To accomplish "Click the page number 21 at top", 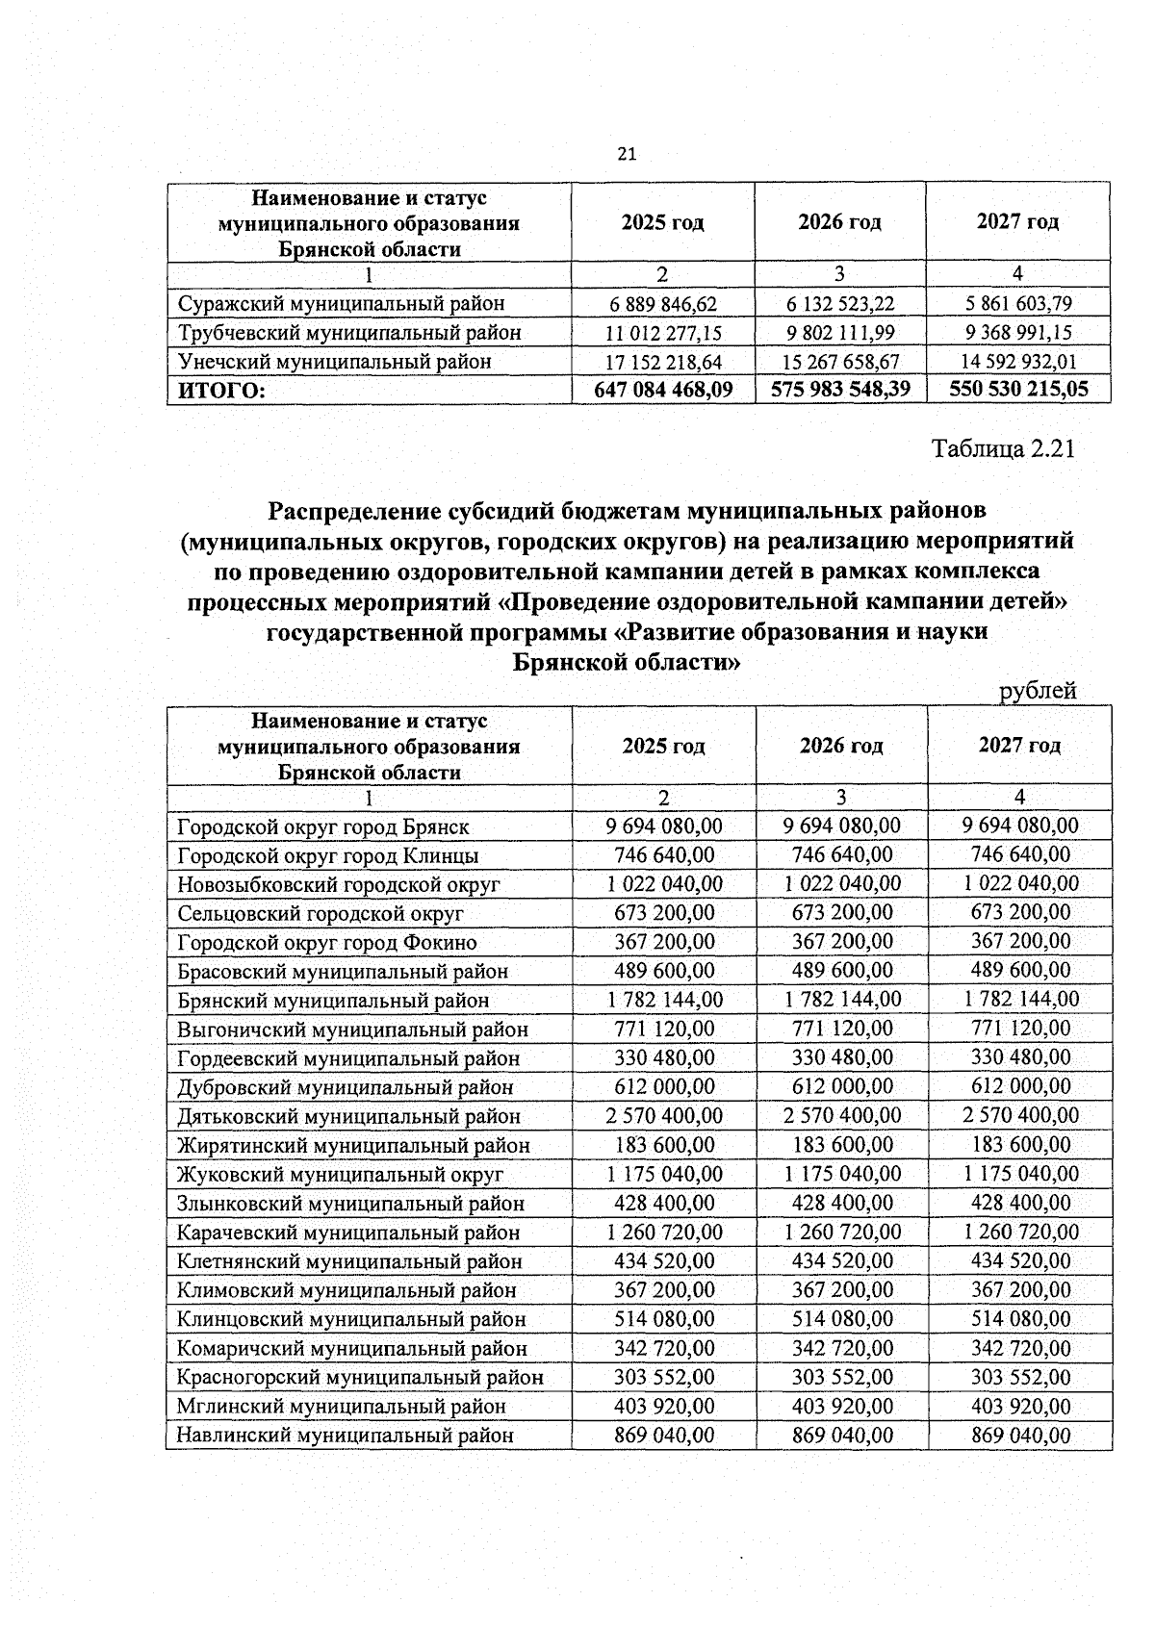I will click(x=627, y=155).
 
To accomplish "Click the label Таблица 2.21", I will click(x=1002, y=449).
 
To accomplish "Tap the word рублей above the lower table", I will click(x=1038, y=690).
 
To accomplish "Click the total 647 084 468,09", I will click(x=664, y=389).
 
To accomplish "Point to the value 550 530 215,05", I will click(x=1018, y=389).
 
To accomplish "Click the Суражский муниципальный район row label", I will click(x=342, y=304).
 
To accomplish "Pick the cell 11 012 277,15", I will click(x=664, y=333).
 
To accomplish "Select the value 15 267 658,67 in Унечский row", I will click(x=840, y=362).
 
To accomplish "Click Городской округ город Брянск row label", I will click(x=323, y=826).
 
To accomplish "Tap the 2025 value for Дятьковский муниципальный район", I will click(x=664, y=1115).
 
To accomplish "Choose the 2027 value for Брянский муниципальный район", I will click(x=1020, y=1000).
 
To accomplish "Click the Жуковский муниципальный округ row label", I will click(x=340, y=1174).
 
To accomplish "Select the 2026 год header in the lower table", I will click(x=841, y=746).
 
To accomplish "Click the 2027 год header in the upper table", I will click(x=1017, y=222).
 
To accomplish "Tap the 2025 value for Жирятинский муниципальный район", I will click(x=664, y=1145).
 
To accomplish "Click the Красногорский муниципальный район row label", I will click(x=360, y=1377).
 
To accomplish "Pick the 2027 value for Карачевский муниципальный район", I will click(x=1020, y=1232).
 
